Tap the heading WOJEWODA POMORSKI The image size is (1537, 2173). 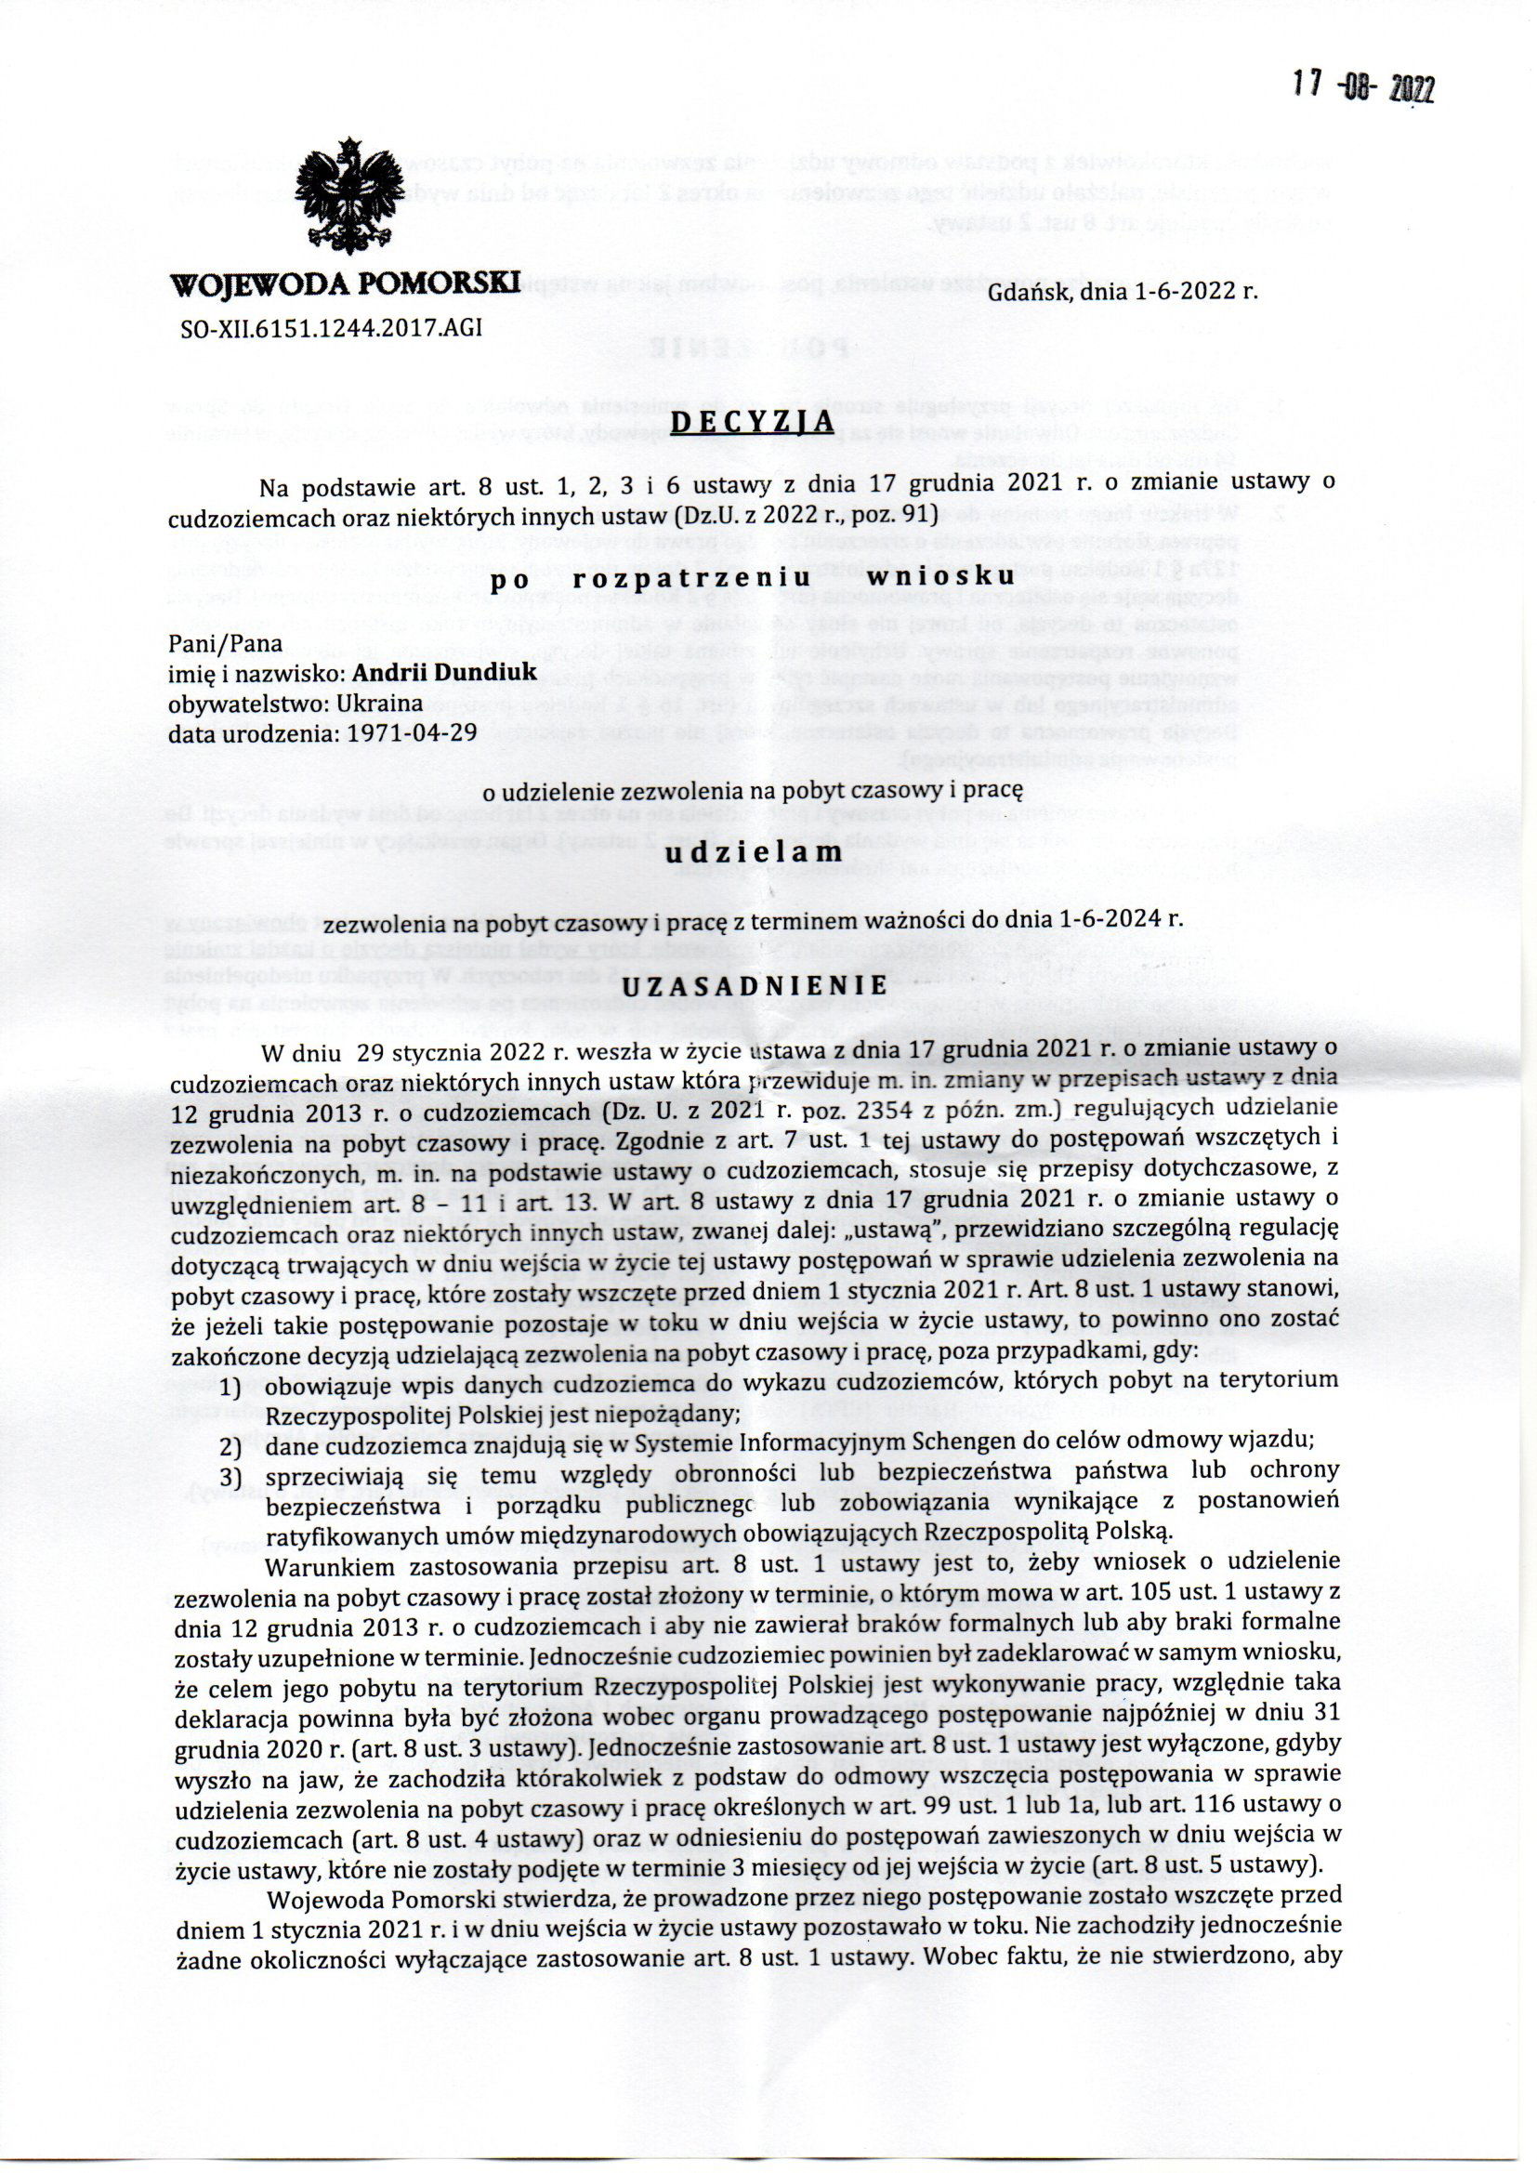pyautogui.click(x=347, y=283)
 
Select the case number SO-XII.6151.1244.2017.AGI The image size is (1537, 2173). pyautogui.click(x=335, y=327)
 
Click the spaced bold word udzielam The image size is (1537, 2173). pyautogui.click(x=755, y=852)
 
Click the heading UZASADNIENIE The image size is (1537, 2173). pyautogui.click(x=754, y=985)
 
